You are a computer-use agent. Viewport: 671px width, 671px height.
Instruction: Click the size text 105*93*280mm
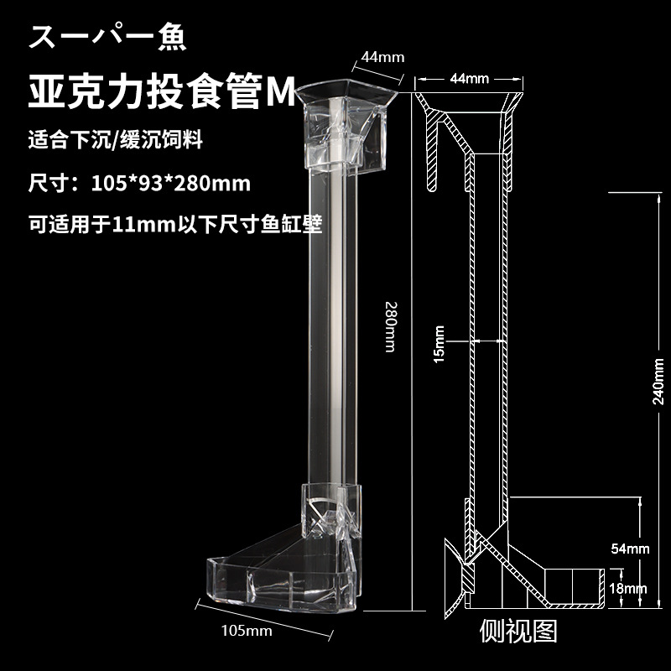138,182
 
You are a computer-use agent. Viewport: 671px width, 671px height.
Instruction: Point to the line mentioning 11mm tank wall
175,224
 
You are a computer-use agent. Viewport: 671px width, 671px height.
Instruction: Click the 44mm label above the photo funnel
382,58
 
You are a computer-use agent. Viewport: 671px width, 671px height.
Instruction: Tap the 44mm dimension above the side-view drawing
469,79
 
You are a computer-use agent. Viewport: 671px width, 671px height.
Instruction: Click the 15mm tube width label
439,341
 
